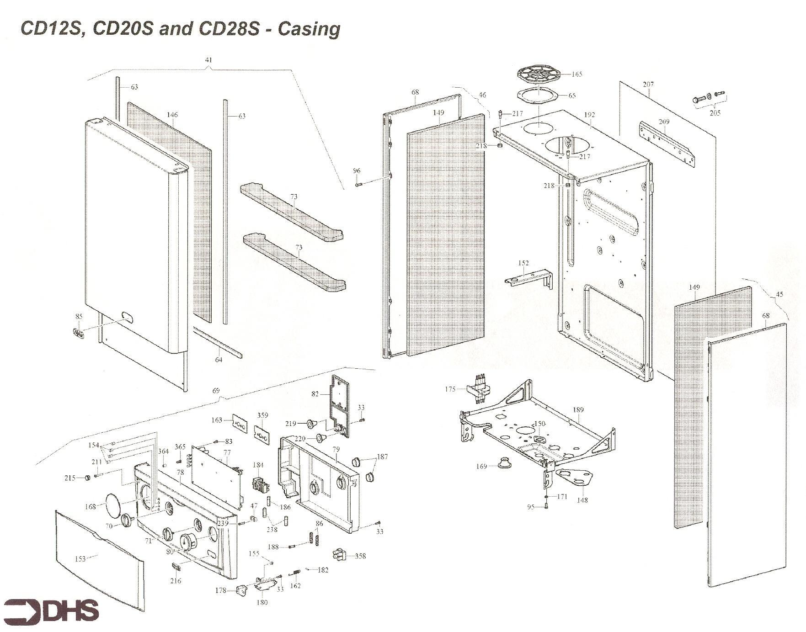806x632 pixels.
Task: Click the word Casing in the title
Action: click(309, 29)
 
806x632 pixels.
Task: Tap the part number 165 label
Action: click(577, 74)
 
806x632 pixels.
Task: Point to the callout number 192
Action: click(589, 115)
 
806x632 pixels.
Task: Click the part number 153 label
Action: click(80, 558)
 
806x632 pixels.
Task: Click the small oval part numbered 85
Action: click(79, 332)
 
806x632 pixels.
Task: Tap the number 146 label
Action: click(172, 115)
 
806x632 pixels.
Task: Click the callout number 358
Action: click(360, 556)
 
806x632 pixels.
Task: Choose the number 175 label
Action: click(450, 389)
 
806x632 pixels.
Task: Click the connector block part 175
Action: click(478, 388)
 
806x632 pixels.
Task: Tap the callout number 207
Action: click(648, 84)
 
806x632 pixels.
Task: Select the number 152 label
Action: click(523, 263)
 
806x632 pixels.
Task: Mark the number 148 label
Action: click(582, 500)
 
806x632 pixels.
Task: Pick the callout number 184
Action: click(258, 465)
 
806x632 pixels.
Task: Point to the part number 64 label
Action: click(219, 360)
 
